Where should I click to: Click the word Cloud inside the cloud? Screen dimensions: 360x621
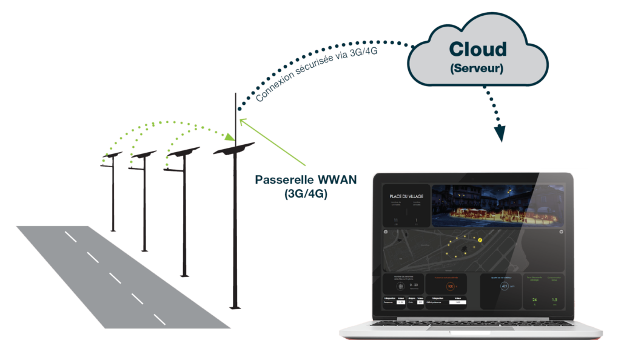point(477,48)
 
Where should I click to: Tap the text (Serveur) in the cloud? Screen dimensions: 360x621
point(477,68)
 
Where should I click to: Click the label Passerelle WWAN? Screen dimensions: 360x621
point(306,180)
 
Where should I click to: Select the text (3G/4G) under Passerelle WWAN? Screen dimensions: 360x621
point(306,195)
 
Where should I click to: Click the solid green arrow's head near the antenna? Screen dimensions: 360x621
point(242,121)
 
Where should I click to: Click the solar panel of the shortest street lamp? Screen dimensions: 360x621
point(112,156)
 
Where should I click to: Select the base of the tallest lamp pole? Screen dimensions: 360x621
point(235,307)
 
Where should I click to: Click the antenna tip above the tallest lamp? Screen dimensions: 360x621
point(235,94)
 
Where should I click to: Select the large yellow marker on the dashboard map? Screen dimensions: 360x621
point(480,240)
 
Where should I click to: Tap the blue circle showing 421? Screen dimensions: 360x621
point(504,286)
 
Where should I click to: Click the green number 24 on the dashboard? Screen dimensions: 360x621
point(534,300)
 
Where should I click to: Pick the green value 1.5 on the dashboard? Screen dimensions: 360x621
point(554,300)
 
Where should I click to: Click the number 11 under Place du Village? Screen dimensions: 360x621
point(395,220)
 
